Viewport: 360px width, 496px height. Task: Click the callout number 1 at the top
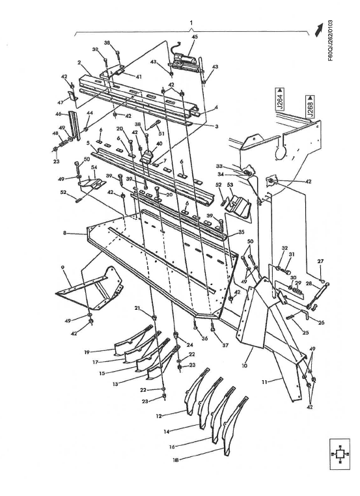tap(191, 23)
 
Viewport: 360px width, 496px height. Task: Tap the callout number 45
tap(194, 37)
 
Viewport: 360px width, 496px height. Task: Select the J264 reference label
tap(278, 103)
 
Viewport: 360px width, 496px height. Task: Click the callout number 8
tap(64, 232)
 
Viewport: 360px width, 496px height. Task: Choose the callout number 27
tap(320, 262)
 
